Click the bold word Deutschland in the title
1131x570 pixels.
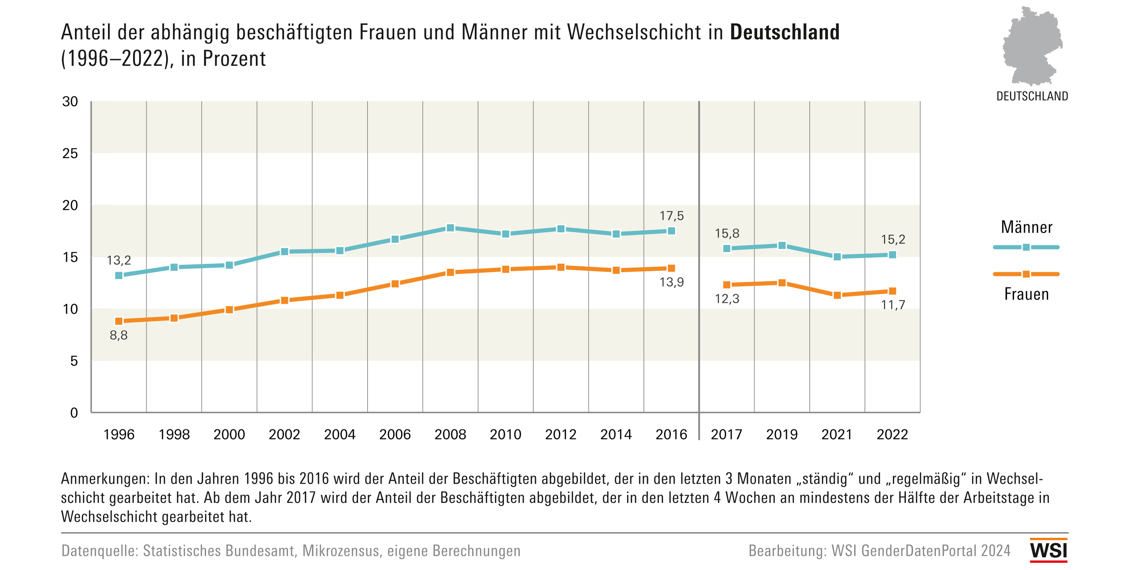click(784, 33)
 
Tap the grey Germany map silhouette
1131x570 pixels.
click(1032, 46)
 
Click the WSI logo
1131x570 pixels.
click(1049, 550)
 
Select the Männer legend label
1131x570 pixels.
click(1027, 227)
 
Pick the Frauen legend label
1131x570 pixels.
click(1027, 294)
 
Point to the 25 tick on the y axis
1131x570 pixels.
click(70, 153)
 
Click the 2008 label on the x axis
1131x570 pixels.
click(450, 435)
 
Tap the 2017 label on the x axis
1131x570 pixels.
click(726, 435)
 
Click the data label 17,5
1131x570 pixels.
click(671, 216)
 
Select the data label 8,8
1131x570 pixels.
click(119, 335)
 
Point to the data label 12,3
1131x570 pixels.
click(727, 299)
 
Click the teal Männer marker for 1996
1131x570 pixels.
click(119, 276)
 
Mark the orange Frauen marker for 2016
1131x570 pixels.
click(671, 268)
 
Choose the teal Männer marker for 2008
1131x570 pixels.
click(450, 228)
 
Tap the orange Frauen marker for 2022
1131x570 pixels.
click(892, 291)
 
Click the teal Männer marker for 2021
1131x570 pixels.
click(837, 257)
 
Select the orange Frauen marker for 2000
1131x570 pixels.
click(229, 310)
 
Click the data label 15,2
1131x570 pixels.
click(893, 239)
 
